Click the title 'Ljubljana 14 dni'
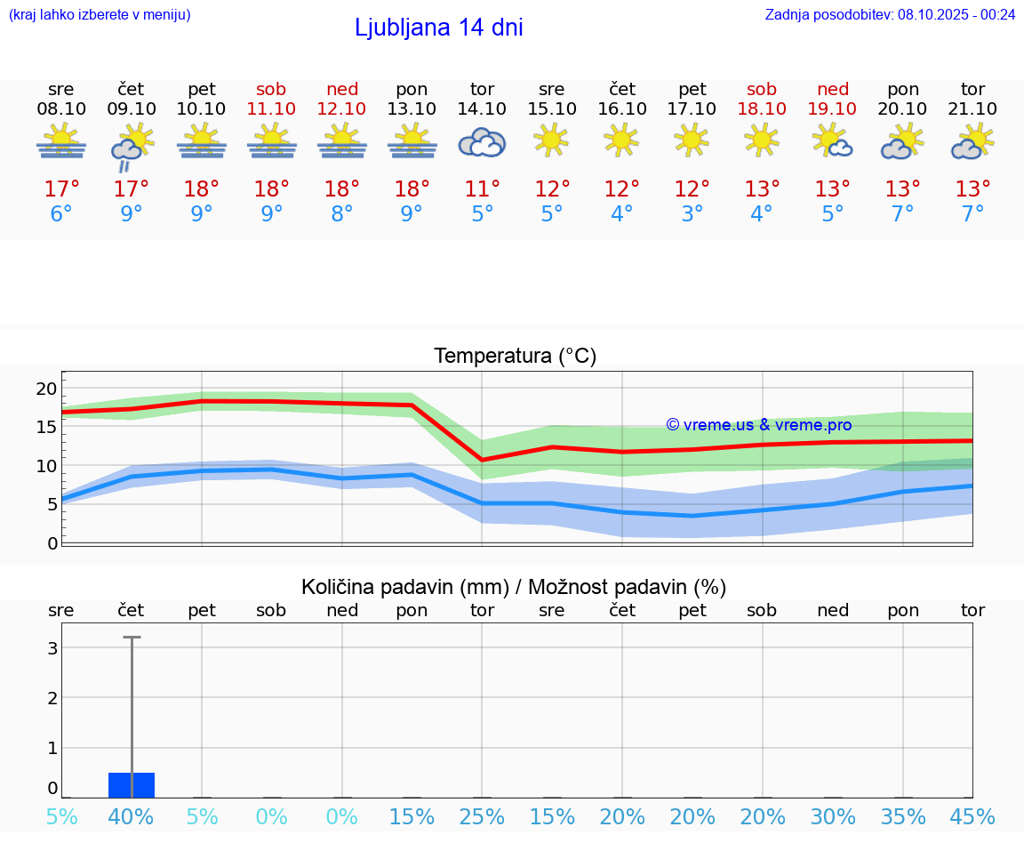coord(438,28)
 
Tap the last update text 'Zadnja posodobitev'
coord(890,14)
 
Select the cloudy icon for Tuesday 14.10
coord(482,142)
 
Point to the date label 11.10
coord(272,108)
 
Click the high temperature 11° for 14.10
coord(482,189)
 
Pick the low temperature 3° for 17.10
coord(692,214)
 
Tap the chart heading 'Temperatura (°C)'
coord(515,357)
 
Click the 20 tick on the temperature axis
coord(46,389)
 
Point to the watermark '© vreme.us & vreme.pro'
coord(758,425)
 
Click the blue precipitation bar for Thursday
coord(132,785)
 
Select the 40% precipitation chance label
coord(132,817)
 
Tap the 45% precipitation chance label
coord(972,817)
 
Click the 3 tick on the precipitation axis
coord(52,648)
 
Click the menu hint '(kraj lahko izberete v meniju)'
coord(100,14)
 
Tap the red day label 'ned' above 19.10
coord(833,89)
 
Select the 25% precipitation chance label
coord(482,817)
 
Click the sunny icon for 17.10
coord(692,140)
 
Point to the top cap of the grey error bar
coord(132,638)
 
